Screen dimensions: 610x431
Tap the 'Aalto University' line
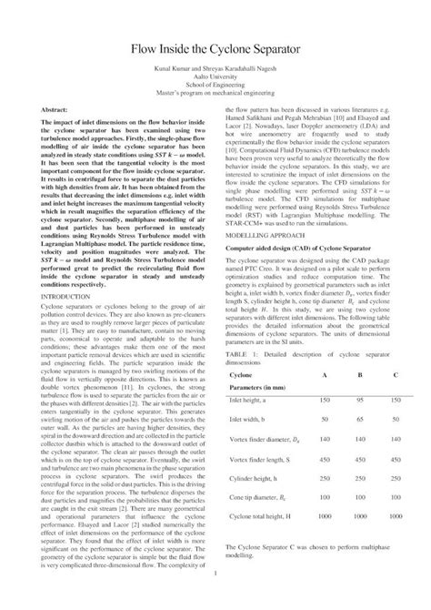tap(215, 81)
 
